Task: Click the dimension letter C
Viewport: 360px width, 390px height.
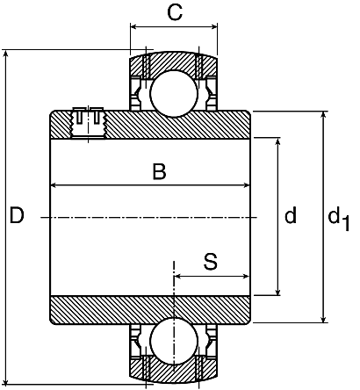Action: pos(175,12)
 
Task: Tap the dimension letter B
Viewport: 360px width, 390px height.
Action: pos(159,171)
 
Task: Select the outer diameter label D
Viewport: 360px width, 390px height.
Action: pos(17,215)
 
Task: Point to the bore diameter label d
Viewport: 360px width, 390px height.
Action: pos(291,215)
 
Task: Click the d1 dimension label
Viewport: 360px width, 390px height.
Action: pos(338,218)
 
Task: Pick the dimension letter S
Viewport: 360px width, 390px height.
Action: pos(211,262)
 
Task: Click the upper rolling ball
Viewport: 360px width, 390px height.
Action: pos(174,93)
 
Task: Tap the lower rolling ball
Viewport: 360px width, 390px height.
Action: pos(174,340)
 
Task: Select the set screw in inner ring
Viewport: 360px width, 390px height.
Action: pos(88,124)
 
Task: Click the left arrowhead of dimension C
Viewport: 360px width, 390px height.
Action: pos(133,27)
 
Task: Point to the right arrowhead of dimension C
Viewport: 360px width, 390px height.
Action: pos(214,27)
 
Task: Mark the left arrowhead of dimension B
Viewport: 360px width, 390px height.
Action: pos(54,185)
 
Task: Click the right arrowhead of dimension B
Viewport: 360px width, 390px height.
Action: pos(246,185)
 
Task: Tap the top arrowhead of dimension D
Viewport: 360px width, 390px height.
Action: pos(6,54)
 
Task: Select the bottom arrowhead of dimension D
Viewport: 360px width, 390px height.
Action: pos(6,380)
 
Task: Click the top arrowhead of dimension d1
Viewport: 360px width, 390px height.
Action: pos(323,115)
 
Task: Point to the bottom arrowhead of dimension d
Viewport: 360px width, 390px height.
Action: pos(278,292)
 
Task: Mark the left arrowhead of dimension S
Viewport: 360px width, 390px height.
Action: pos(177,276)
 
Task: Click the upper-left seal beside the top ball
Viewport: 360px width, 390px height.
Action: pos(135,93)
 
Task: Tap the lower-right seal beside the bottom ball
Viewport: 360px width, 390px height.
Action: pos(212,340)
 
